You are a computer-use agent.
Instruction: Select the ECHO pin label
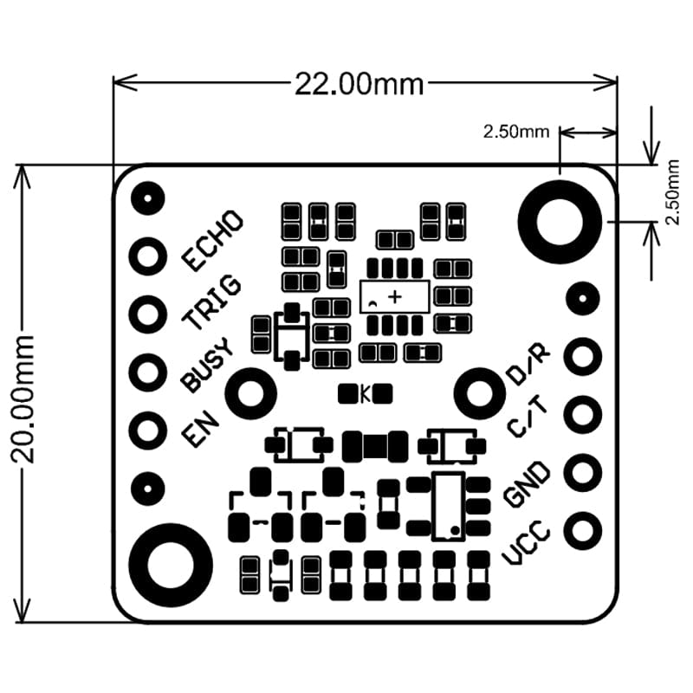click(x=212, y=240)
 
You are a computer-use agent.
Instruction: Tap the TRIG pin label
click(x=212, y=302)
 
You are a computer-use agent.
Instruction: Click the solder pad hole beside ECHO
click(x=148, y=256)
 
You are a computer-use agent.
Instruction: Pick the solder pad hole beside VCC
click(x=583, y=528)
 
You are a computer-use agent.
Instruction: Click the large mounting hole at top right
click(x=560, y=217)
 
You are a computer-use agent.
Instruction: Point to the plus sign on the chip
click(x=396, y=297)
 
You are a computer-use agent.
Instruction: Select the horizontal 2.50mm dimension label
click(x=516, y=133)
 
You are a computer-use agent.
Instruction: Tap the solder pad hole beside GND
click(x=583, y=472)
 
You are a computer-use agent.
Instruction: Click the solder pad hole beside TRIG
click(x=148, y=313)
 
